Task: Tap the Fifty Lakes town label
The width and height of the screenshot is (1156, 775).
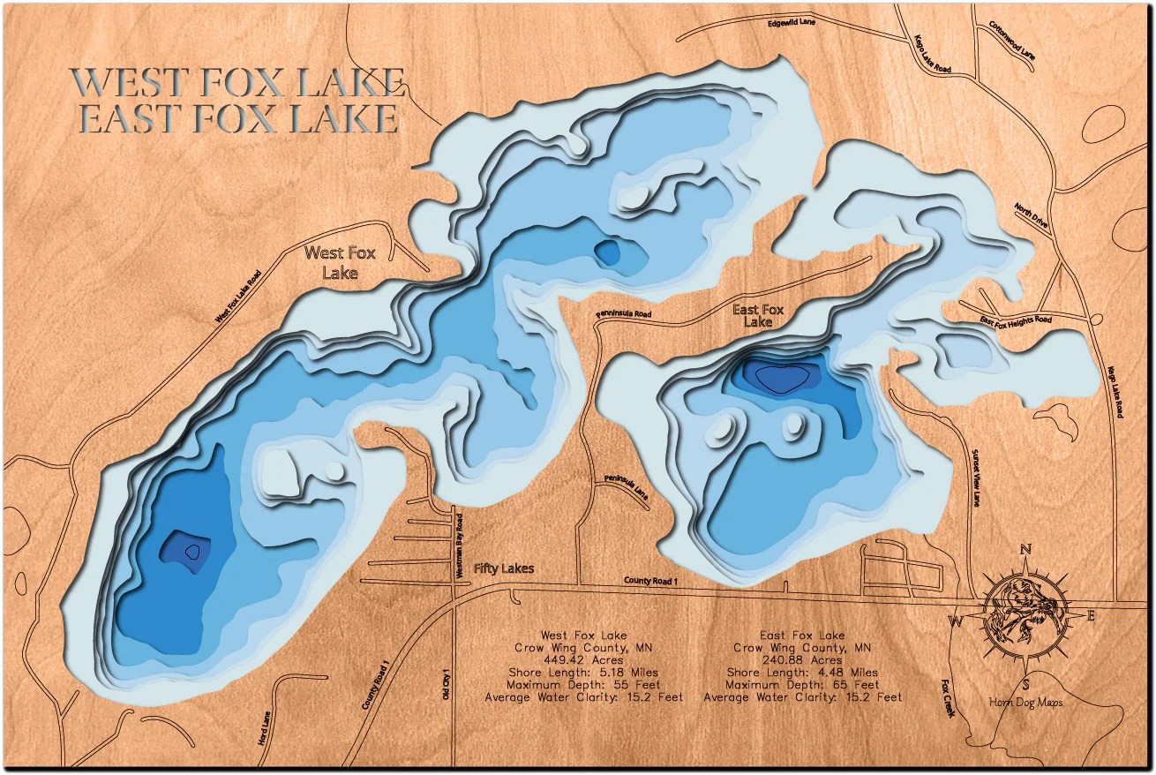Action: click(503, 568)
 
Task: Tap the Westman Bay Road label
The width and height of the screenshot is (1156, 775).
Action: click(460, 547)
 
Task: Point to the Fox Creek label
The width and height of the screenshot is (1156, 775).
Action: click(948, 696)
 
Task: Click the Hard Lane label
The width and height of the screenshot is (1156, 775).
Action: click(263, 727)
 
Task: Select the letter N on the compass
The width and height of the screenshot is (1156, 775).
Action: click(1026, 550)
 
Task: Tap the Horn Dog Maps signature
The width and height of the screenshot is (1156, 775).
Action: click(1025, 703)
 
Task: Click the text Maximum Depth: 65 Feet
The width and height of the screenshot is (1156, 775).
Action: click(802, 684)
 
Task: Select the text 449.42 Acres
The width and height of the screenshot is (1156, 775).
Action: click(583, 659)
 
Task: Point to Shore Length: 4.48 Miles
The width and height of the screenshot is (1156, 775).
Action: click(802, 672)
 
